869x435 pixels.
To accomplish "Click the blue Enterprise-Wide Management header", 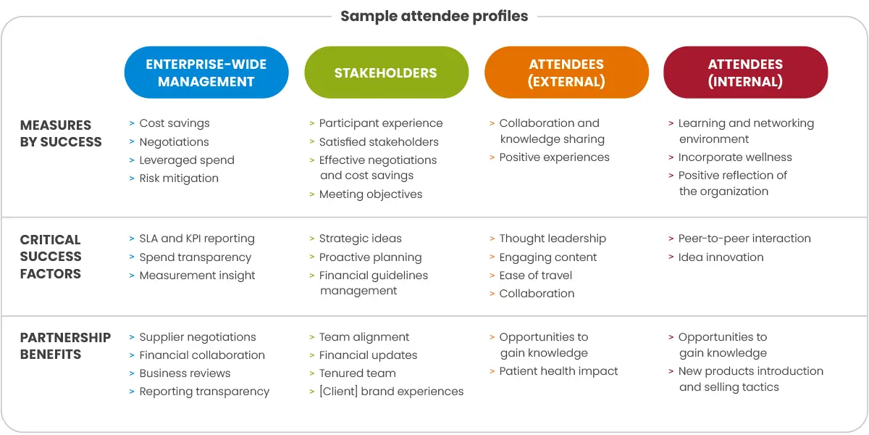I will coord(206,72).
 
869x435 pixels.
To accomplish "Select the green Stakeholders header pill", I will coord(386,72).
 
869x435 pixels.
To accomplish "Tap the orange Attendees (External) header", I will coord(566,72).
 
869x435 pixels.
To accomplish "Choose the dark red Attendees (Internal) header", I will coord(745,72).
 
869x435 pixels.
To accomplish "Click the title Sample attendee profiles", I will coord(434,16).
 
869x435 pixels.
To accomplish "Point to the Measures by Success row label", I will coord(61,133).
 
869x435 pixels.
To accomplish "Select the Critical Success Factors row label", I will coord(51,257).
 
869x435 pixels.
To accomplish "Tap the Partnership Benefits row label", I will coord(65,346).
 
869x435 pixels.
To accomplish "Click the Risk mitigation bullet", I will coord(178,178).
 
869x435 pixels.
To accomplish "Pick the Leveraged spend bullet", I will coord(186,160).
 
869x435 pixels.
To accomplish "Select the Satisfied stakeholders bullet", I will coord(378,142).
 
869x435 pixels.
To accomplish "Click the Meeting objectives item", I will coord(370,194).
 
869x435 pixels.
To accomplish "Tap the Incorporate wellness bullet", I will coord(734,157).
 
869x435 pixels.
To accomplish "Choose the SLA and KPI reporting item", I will coord(196,239).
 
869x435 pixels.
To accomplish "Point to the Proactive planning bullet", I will coord(369,257).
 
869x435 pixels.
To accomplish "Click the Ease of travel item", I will coord(535,275).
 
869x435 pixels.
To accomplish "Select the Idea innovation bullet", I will coord(721,257).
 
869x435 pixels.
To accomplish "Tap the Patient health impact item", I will coord(558,371).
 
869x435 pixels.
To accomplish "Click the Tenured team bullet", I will coord(357,373).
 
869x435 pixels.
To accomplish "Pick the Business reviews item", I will coord(185,373).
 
